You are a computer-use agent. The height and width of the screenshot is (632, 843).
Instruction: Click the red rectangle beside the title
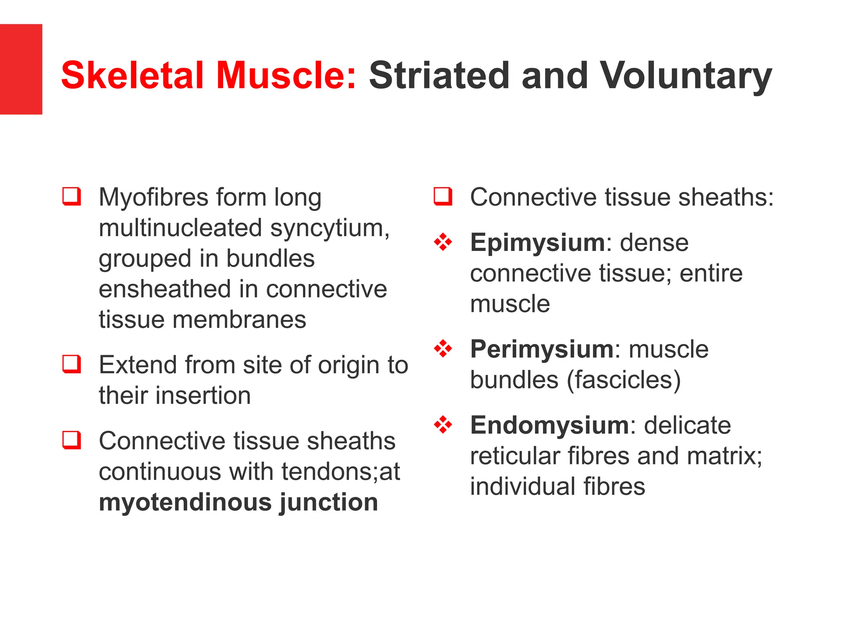click(x=21, y=69)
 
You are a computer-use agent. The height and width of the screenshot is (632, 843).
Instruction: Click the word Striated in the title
click(x=439, y=76)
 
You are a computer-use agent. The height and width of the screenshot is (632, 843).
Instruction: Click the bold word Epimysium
click(x=537, y=242)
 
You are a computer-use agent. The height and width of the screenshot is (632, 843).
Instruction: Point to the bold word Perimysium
click(x=542, y=349)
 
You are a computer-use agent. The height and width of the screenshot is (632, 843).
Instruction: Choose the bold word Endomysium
click(x=550, y=425)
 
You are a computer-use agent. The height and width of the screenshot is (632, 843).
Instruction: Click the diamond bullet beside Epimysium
click(x=443, y=242)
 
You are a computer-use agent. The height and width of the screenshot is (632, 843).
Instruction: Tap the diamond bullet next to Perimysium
click(x=443, y=349)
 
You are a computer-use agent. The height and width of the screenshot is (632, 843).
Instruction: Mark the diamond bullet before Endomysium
click(x=443, y=425)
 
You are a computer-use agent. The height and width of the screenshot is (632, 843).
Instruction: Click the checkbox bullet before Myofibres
click(x=72, y=196)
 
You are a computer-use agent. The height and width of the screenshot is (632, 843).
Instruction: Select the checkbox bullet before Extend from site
click(x=72, y=364)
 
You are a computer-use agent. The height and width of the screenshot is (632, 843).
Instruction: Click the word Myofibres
click(x=154, y=197)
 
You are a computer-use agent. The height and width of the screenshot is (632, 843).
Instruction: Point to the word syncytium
click(x=330, y=228)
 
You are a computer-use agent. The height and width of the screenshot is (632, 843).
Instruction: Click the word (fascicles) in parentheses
click(x=624, y=380)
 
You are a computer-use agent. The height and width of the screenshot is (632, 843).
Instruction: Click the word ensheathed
click(x=164, y=289)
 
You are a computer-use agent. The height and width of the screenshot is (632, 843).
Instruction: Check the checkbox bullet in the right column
click(x=443, y=196)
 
